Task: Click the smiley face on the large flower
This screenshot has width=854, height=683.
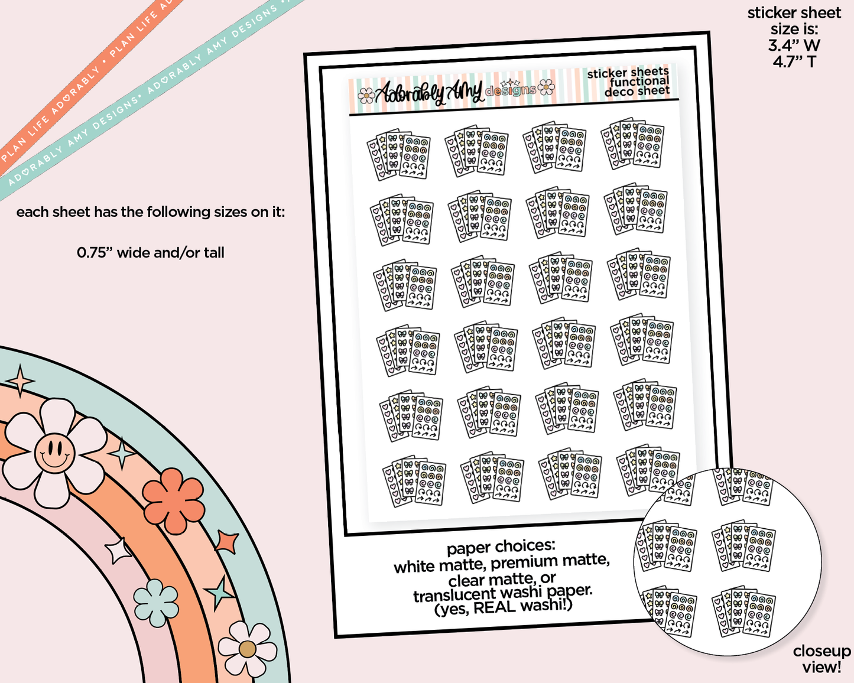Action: click(55, 453)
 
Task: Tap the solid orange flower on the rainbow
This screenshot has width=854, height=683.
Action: click(173, 500)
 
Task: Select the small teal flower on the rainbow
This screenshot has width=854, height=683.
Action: click(155, 603)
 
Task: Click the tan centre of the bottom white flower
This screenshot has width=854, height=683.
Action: click(247, 649)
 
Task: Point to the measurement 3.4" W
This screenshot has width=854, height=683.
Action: click(794, 45)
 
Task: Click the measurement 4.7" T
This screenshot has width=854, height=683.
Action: click(794, 62)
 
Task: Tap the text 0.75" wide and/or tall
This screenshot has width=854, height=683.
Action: click(150, 253)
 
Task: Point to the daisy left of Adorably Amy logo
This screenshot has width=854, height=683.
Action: click(366, 96)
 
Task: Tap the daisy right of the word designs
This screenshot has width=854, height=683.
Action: click(546, 87)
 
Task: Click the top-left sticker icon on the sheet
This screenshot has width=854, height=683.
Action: click(398, 154)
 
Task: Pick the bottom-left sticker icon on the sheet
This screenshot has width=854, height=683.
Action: click(414, 482)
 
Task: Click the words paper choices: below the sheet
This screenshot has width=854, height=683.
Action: click(501, 547)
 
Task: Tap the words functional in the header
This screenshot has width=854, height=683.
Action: click(639, 82)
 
